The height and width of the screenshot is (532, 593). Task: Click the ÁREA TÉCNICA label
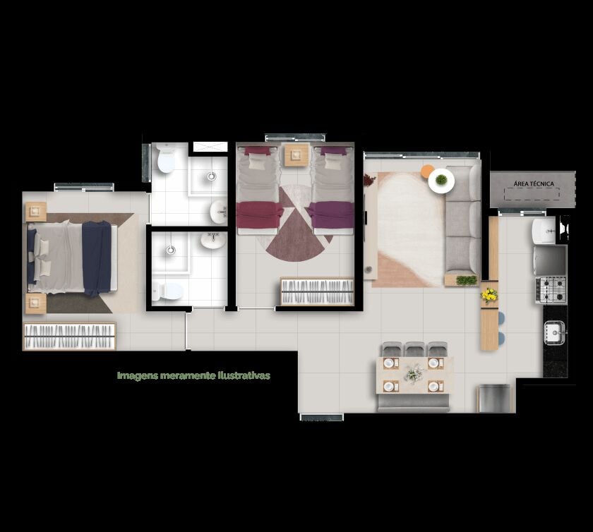point(534,183)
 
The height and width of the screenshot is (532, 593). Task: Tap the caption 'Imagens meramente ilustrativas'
point(193,376)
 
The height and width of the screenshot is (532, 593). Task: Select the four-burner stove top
point(551,290)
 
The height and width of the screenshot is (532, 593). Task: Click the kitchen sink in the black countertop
point(554,332)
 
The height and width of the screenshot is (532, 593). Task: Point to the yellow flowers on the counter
point(489,294)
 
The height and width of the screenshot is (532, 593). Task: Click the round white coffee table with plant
point(441,181)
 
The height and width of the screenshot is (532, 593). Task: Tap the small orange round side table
point(426,171)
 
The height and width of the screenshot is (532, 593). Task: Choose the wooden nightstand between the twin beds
point(296,155)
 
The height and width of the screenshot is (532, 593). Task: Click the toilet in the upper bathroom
point(166,159)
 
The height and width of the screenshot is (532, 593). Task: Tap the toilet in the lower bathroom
point(167,291)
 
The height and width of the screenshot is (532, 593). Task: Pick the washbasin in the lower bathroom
point(213,240)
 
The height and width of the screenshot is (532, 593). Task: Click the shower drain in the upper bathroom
point(211,176)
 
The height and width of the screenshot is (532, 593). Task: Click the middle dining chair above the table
point(415,349)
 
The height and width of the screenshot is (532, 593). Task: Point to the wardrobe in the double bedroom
point(70,336)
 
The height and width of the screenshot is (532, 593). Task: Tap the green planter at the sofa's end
point(467,280)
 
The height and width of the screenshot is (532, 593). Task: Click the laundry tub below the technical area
point(544,231)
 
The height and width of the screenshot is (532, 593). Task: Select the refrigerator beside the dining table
point(495,398)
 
